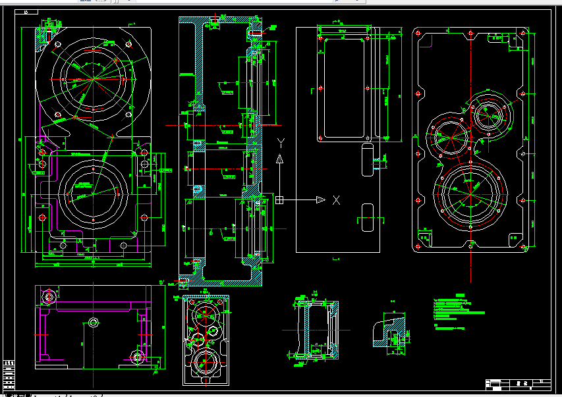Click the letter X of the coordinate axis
tap(335, 200)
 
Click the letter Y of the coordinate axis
tap(280, 143)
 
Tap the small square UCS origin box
tap(280, 199)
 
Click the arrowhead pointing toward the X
tap(320, 200)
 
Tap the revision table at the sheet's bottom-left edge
tap(9, 375)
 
